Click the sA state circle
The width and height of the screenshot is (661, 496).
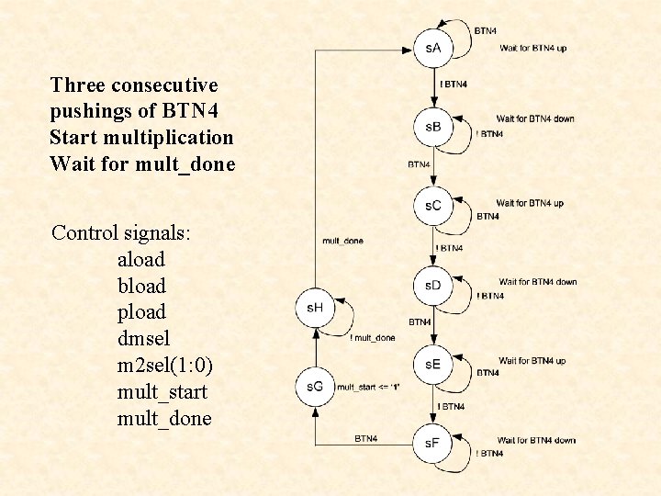click(433, 48)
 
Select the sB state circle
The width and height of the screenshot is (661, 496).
click(433, 127)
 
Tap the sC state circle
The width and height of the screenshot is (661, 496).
click(433, 206)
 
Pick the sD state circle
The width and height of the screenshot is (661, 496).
click(433, 286)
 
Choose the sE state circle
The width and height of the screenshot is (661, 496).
click(433, 365)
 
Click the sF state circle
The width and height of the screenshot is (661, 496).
click(433, 444)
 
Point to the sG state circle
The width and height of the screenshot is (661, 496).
click(315, 387)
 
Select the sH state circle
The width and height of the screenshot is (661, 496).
click(315, 308)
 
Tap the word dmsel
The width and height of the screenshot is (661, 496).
click(142, 339)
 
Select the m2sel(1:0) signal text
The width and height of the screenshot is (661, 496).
click(165, 366)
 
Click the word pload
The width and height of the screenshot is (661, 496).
click(141, 312)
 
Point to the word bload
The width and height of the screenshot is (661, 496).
click(141, 287)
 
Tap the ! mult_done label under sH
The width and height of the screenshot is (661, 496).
click(373, 338)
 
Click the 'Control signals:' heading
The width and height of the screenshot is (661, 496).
click(121, 232)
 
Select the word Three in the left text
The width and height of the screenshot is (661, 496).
click(77, 85)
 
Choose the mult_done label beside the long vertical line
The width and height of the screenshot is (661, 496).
click(342, 241)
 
